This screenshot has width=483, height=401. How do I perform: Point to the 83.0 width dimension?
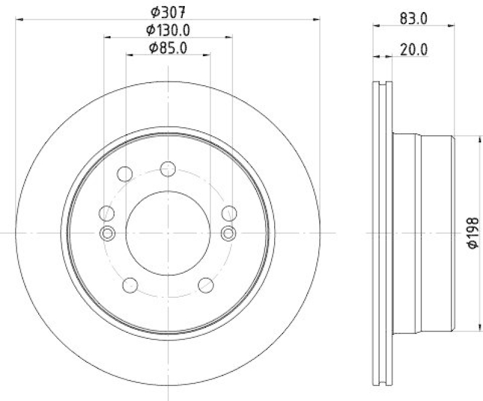click(x=414, y=18)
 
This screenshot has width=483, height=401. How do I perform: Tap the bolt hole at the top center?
click(x=168, y=169)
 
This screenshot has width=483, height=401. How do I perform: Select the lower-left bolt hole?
click(x=129, y=285)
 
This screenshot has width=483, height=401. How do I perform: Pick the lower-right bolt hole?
click(x=206, y=285)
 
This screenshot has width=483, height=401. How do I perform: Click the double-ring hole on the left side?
click(x=107, y=233)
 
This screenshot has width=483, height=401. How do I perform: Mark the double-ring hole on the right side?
click(x=229, y=233)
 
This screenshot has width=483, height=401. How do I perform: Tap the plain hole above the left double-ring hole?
click(x=107, y=213)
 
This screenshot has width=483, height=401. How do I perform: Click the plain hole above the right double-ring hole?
click(x=229, y=213)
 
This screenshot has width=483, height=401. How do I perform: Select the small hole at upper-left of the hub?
click(x=124, y=174)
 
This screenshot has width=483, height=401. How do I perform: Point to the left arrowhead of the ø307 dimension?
click(x=18, y=20)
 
